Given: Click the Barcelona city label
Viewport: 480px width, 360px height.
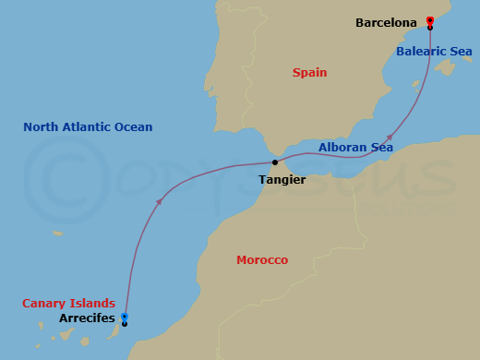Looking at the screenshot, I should coord(386,22).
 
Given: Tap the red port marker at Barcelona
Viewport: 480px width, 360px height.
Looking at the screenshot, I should coord(430,19).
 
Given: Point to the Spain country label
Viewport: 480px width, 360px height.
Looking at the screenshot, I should coord(309,72).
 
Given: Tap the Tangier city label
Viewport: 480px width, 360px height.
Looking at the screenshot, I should coord(282,180).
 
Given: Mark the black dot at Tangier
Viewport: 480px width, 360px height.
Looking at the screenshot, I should coord(275,162).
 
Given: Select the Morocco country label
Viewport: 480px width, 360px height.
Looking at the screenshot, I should coord(262,260).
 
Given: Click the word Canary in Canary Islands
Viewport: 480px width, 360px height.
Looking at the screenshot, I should coord(45,303).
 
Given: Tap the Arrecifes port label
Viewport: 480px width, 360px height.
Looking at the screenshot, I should coord(87,318).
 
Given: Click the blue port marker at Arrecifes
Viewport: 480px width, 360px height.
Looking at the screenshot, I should coord(125,317).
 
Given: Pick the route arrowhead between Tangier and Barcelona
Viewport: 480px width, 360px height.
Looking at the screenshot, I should coord(390,137).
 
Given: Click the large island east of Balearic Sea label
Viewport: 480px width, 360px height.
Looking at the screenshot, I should coord(447,67).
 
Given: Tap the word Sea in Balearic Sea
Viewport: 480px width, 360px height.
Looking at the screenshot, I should coord(461,52).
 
